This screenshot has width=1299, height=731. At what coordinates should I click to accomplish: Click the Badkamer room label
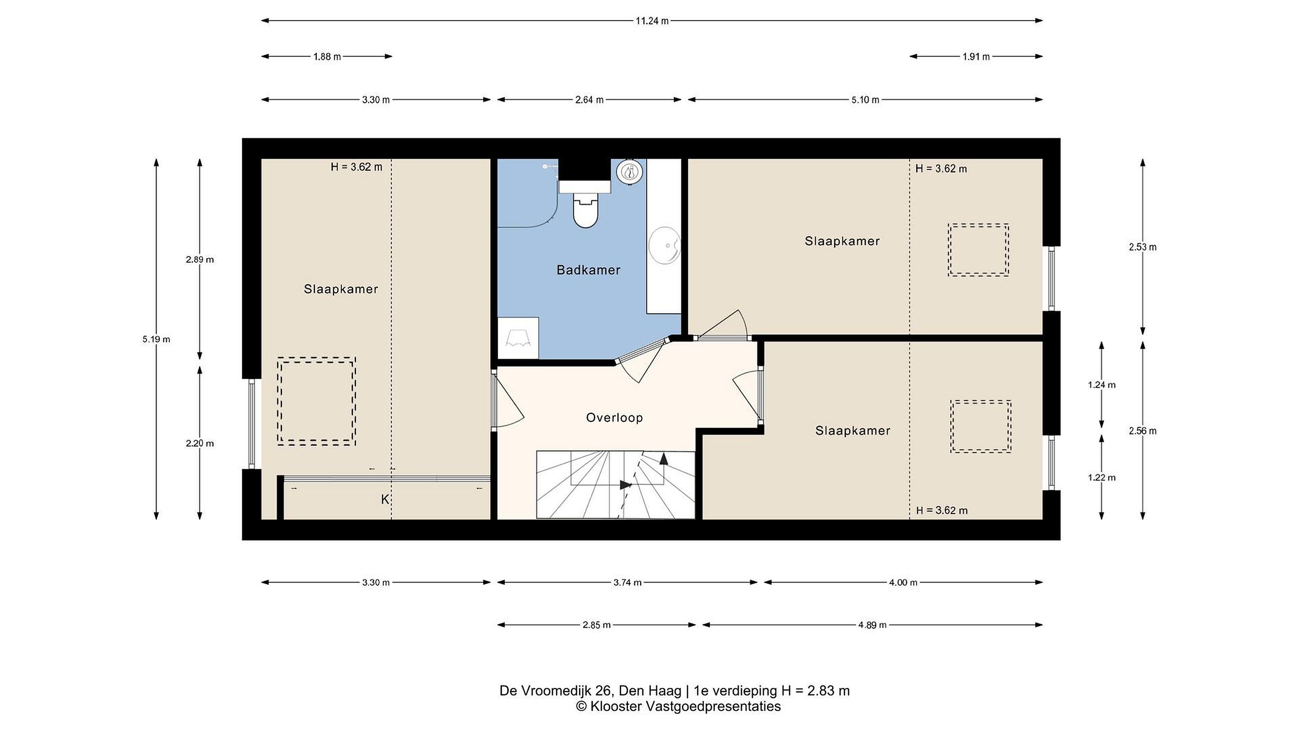click(588, 270)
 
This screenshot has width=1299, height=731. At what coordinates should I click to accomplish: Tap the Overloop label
click(614, 418)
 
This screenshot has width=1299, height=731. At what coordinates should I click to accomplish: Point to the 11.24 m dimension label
click(652, 21)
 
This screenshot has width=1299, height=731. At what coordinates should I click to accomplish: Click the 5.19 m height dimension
click(157, 339)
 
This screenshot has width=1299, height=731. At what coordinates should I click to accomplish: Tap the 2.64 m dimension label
click(589, 100)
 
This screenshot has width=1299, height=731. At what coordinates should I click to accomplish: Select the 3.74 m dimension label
click(627, 583)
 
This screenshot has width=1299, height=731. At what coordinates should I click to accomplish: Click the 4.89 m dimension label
click(872, 625)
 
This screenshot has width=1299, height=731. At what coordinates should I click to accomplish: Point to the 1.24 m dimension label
click(1101, 385)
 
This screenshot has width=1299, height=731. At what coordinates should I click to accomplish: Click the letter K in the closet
click(385, 500)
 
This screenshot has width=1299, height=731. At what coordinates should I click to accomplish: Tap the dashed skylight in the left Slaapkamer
click(316, 401)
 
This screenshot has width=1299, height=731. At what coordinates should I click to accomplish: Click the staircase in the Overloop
click(616, 485)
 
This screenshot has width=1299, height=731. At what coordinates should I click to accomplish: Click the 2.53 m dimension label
click(1142, 247)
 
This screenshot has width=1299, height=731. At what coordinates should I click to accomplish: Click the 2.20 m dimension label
click(200, 444)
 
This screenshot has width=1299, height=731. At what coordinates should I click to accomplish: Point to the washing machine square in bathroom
click(518, 338)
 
